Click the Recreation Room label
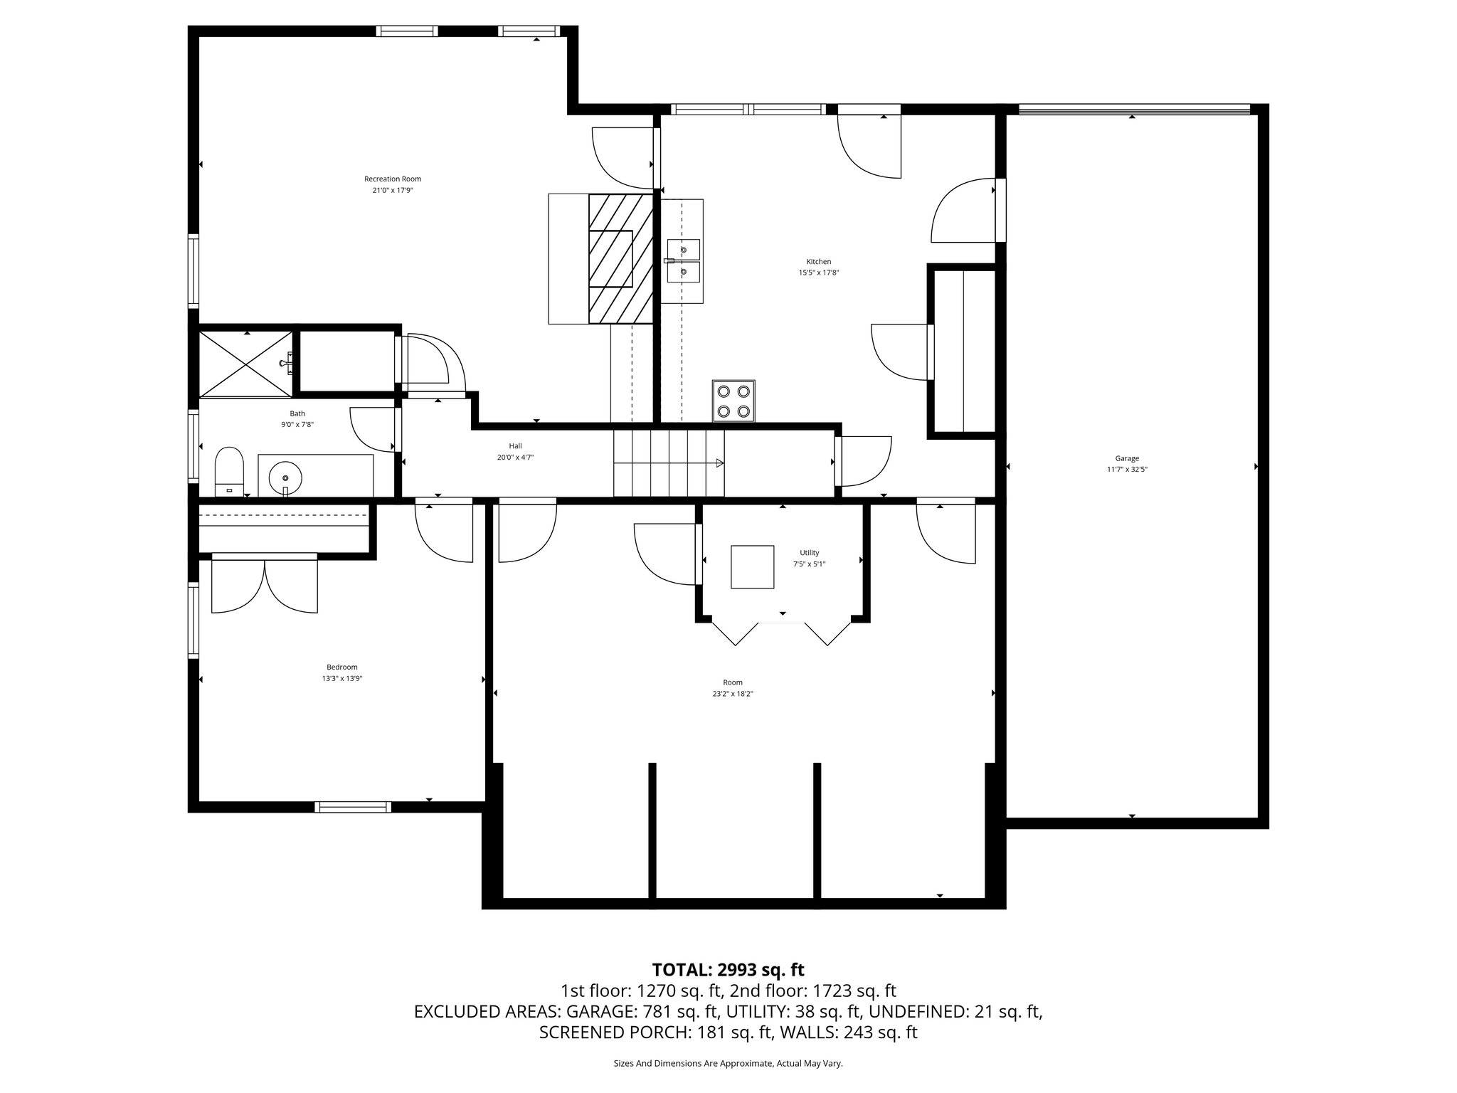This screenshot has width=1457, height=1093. tap(393, 179)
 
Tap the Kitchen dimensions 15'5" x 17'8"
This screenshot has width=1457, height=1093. tap(818, 273)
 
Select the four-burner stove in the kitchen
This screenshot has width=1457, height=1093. tap(733, 401)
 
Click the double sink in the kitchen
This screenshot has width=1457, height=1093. tap(683, 260)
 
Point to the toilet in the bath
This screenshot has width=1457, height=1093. tap(229, 470)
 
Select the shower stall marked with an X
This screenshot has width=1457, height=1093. tap(245, 364)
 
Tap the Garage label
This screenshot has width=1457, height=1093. tap(1127, 458)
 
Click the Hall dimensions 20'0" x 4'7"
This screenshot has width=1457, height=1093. tap(515, 458)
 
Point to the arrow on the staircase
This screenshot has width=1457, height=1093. tap(719, 463)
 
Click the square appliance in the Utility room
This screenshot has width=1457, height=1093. tap(752, 566)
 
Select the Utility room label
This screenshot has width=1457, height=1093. tap(809, 552)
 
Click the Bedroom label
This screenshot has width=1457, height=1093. tap(342, 667)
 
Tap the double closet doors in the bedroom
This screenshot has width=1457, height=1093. tap(265, 585)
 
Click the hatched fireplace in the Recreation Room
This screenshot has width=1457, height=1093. tap(620, 259)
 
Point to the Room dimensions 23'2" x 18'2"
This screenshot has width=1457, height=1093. tap(733, 694)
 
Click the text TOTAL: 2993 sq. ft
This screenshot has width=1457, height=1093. tap(728, 969)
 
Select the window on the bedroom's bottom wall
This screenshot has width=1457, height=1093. tap(353, 806)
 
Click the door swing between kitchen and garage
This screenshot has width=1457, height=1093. tap(964, 211)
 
